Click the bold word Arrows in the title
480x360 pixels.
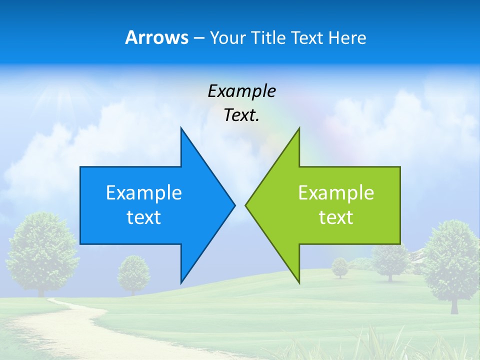point(156,37)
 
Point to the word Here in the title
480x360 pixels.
point(347,37)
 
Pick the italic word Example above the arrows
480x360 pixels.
point(241,91)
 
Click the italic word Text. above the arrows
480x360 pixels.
point(241,115)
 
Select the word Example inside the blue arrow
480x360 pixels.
point(144,193)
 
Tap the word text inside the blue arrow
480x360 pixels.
point(144,217)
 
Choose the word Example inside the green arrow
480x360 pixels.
point(336,193)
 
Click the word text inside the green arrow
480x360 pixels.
point(336,217)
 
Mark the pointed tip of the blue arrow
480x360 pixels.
point(234,205)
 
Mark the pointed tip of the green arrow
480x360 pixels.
point(245,205)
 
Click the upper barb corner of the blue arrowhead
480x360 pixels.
point(181,128)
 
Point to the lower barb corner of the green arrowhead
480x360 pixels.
point(299,282)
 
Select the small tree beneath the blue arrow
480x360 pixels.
point(133,272)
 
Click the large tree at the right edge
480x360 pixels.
point(453,262)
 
